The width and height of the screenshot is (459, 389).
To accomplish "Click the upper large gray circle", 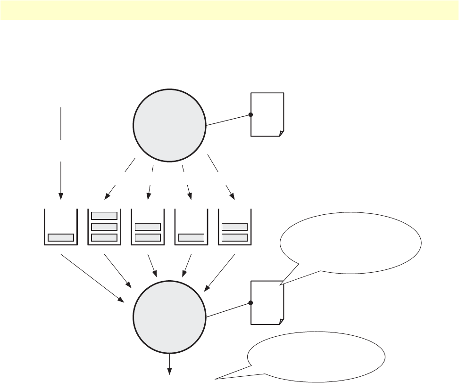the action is (169, 126).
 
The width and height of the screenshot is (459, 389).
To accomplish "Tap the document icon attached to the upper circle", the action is (267, 114).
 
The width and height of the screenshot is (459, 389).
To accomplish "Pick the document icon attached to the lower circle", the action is (267, 302).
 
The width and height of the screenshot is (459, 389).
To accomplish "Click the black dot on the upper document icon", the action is (250, 114).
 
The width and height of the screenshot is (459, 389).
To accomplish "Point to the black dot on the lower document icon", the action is (250, 303).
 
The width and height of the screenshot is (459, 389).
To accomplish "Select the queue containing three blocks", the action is (104, 227).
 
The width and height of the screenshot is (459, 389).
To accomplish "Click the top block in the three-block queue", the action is (104, 216).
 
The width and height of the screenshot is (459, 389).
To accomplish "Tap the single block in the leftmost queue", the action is (61, 237).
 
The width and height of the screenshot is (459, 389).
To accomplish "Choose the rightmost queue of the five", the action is (234, 227).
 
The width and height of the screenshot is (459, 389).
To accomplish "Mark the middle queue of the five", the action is (148, 227).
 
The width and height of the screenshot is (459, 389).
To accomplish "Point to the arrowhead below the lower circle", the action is (169, 373).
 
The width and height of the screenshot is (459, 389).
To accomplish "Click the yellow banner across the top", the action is (229, 10).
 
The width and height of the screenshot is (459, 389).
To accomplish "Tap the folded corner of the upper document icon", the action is (281, 133).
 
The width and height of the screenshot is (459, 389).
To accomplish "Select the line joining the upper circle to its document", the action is (228, 120).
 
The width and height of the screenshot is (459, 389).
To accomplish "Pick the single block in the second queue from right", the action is (191, 237).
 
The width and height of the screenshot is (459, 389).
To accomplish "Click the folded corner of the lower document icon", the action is (281, 321).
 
